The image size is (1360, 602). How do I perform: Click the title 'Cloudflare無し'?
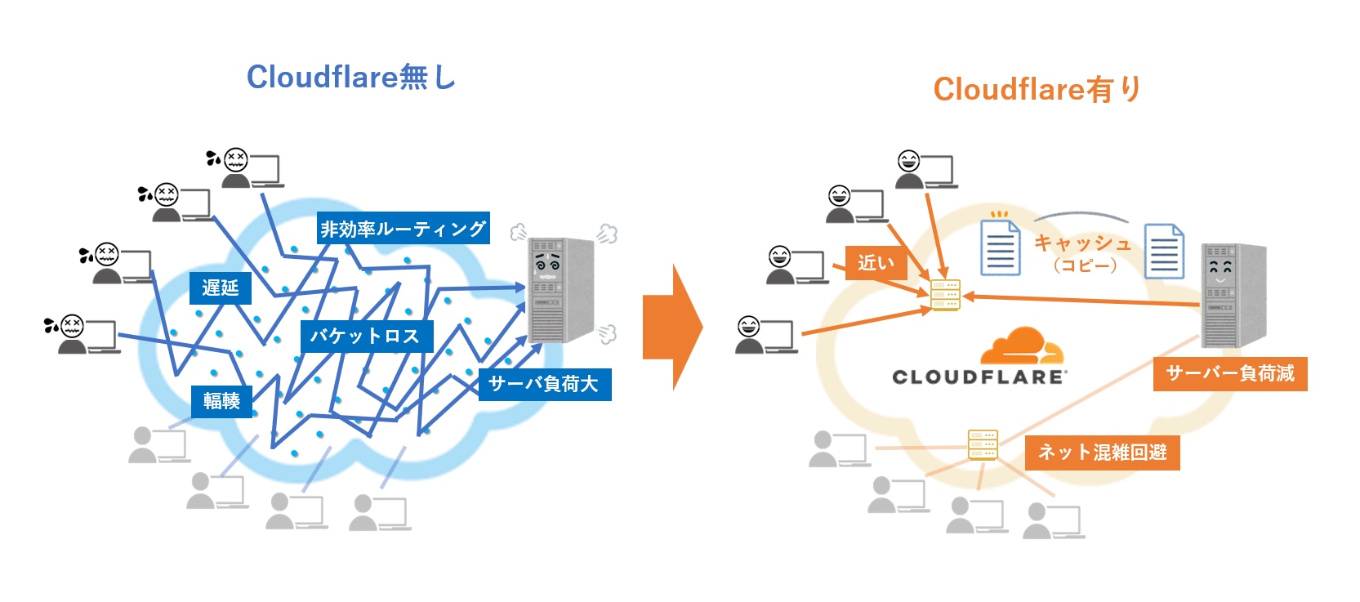(x=350, y=78)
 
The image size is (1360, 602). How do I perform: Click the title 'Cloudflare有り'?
(x=1037, y=89)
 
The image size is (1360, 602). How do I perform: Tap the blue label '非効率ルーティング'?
(x=404, y=229)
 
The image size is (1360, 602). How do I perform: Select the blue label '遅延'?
(x=220, y=288)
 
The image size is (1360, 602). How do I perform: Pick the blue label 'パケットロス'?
(x=365, y=336)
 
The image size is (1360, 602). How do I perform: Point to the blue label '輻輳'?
(x=221, y=401)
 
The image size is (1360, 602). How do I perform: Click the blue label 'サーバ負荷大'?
(x=544, y=384)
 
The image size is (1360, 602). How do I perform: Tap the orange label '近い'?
(x=876, y=263)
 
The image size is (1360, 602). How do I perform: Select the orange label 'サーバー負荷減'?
(x=1229, y=374)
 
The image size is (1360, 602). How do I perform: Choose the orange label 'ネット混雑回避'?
(x=1102, y=453)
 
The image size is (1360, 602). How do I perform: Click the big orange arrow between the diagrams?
(x=671, y=327)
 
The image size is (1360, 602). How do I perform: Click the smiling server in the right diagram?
(x=1232, y=294)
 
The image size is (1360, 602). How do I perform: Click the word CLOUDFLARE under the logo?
(x=979, y=377)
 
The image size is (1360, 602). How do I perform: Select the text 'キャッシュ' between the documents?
(x=1083, y=243)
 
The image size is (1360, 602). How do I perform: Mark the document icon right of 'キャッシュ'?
(x=1164, y=252)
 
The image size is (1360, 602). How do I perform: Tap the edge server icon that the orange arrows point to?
(x=945, y=295)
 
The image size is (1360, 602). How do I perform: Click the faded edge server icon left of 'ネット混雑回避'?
(x=982, y=444)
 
